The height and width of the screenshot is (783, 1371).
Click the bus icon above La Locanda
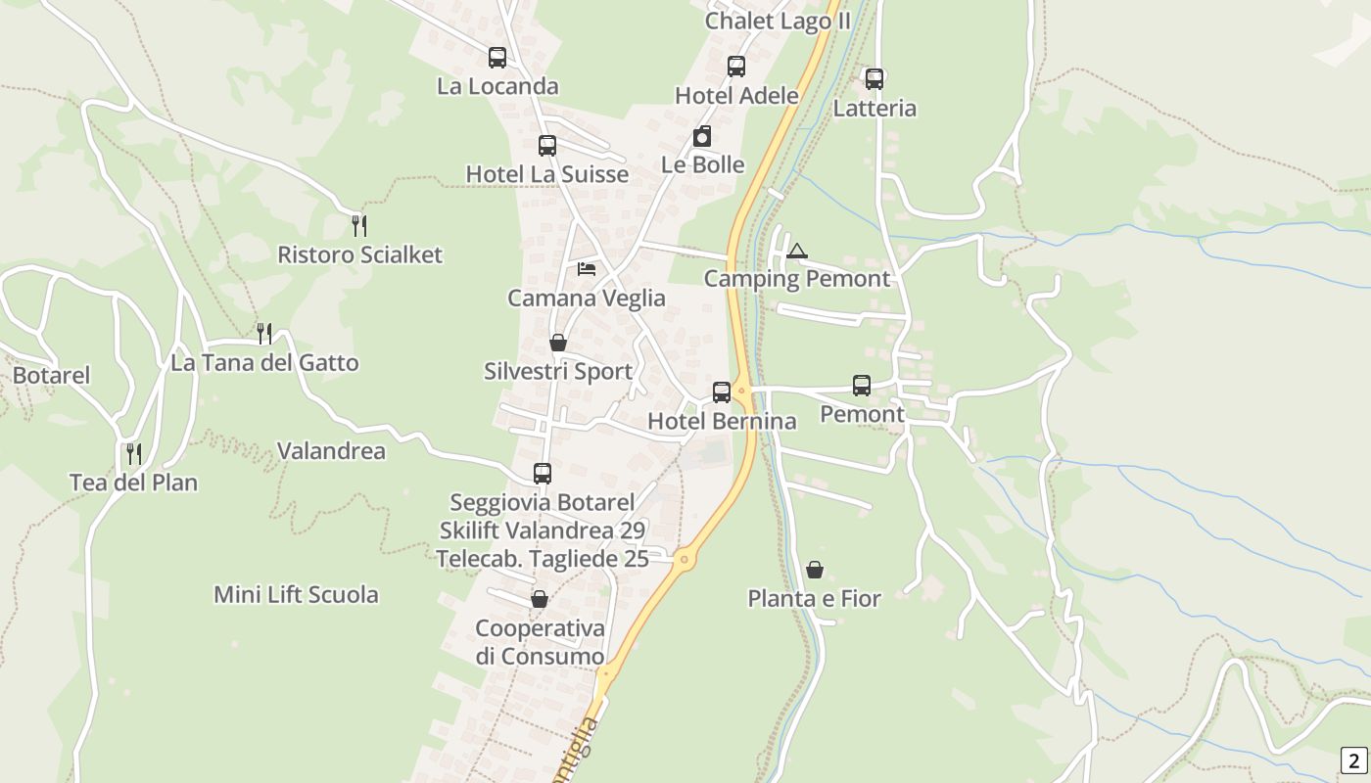coord(497,58)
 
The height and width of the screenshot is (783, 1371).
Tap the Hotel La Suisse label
coord(546,174)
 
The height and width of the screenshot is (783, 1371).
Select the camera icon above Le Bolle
coord(702,137)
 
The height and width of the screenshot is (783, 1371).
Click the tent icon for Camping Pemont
coord(797,252)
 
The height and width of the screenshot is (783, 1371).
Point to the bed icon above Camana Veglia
coord(587,269)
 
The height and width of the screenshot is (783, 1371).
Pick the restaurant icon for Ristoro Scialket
coord(359,226)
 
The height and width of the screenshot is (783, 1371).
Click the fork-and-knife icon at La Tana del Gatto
coord(263,334)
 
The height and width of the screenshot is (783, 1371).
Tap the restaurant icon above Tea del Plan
coord(134,454)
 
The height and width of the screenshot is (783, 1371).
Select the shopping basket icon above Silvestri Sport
coord(558,343)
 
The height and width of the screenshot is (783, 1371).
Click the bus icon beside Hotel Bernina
coord(722,392)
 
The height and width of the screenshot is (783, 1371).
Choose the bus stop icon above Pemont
coord(862,386)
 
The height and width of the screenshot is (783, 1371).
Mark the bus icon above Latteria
coord(875,79)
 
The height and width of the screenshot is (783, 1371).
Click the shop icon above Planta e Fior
coord(815,570)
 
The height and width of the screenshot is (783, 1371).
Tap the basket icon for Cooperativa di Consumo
coord(540,599)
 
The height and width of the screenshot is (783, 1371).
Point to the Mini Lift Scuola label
coord(296,594)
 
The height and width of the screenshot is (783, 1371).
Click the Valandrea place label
coord(331,451)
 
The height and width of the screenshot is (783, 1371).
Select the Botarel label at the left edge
coord(51,375)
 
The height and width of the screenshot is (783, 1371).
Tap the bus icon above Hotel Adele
coord(736,67)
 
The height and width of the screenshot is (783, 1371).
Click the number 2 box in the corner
coord(1353,760)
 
